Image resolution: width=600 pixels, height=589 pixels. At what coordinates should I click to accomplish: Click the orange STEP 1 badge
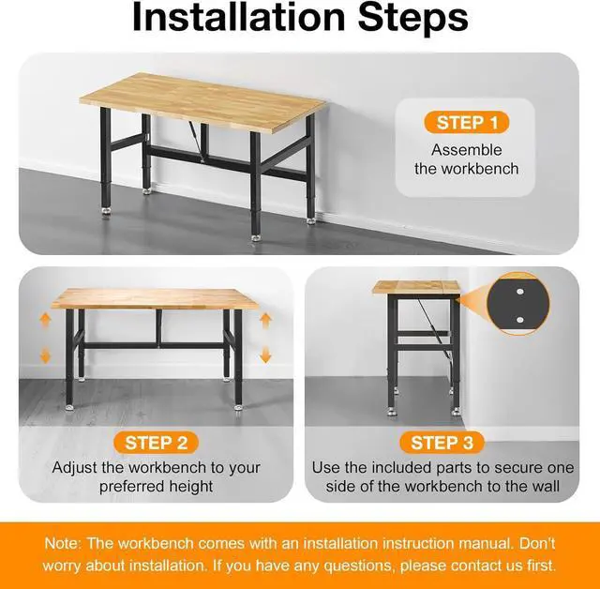click(x=466, y=123)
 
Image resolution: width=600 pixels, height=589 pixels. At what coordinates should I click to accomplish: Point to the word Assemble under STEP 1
click(x=466, y=150)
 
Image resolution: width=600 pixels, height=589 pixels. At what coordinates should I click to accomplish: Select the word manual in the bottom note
click(x=463, y=544)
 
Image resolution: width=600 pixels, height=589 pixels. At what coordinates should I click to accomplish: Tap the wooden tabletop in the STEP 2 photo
click(x=155, y=298)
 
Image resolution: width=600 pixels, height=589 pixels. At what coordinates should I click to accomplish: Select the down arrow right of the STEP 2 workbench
click(x=265, y=355)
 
